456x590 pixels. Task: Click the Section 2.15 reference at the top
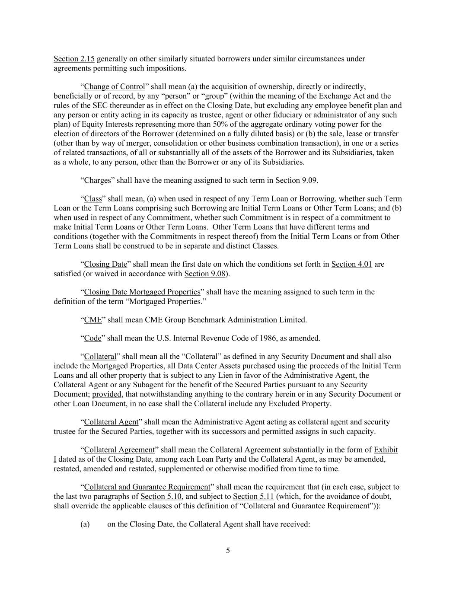click(x=74, y=59)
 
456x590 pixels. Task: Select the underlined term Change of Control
click(x=114, y=87)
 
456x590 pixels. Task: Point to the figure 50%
click(x=234, y=124)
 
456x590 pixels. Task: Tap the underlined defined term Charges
click(x=97, y=180)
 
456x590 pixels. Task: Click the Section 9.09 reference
click(x=296, y=180)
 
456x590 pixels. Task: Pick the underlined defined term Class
click(x=92, y=199)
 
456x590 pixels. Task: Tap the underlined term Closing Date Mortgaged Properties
click(x=142, y=292)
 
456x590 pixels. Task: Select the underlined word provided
click(x=107, y=394)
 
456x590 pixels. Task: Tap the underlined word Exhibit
click(x=386, y=450)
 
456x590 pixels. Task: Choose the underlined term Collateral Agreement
click(x=119, y=450)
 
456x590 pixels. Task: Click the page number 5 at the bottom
click(x=228, y=551)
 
